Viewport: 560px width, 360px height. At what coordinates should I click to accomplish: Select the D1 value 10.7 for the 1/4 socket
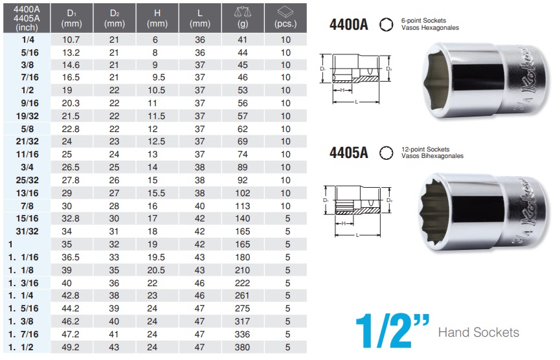[70, 39]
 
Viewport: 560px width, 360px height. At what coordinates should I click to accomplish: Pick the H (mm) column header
[157, 17]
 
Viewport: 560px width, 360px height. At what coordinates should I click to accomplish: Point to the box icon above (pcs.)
[286, 11]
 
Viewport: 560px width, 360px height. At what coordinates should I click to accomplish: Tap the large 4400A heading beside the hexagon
[350, 25]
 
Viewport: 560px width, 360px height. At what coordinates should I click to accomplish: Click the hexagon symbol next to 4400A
[385, 25]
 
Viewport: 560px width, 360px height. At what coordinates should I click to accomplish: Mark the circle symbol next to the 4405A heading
[385, 152]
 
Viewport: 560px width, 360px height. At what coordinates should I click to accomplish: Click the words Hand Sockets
[478, 333]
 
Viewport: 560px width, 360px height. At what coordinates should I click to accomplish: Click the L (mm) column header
[200, 17]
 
